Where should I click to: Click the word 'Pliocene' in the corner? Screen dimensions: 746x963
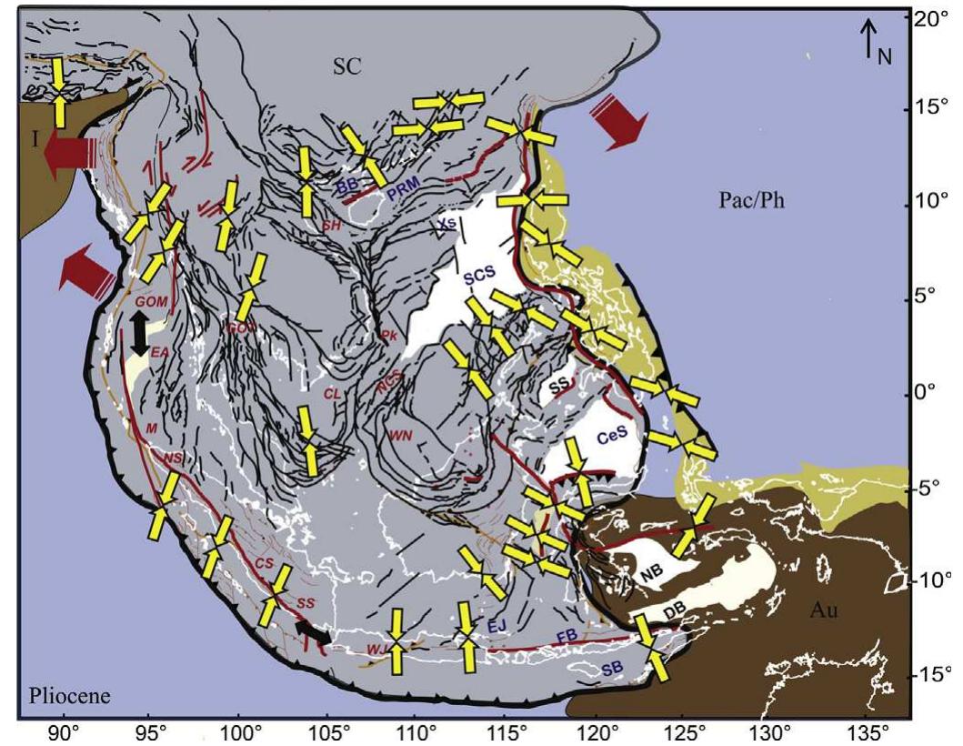[69, 696]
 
